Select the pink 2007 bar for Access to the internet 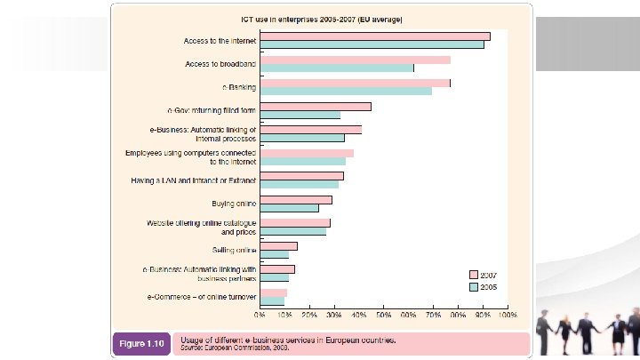pos(374,36)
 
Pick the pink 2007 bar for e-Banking pos(355,83)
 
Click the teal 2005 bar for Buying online pos(289,208)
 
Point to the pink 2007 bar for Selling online pos(278,246)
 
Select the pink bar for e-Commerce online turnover pos(273,292)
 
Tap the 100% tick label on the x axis pos(507,314)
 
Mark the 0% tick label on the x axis pos(260,314)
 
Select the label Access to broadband pos(220,65)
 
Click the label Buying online pos(234,204)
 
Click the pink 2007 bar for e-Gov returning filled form pos(315,107)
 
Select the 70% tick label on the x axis pos(433,314)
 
